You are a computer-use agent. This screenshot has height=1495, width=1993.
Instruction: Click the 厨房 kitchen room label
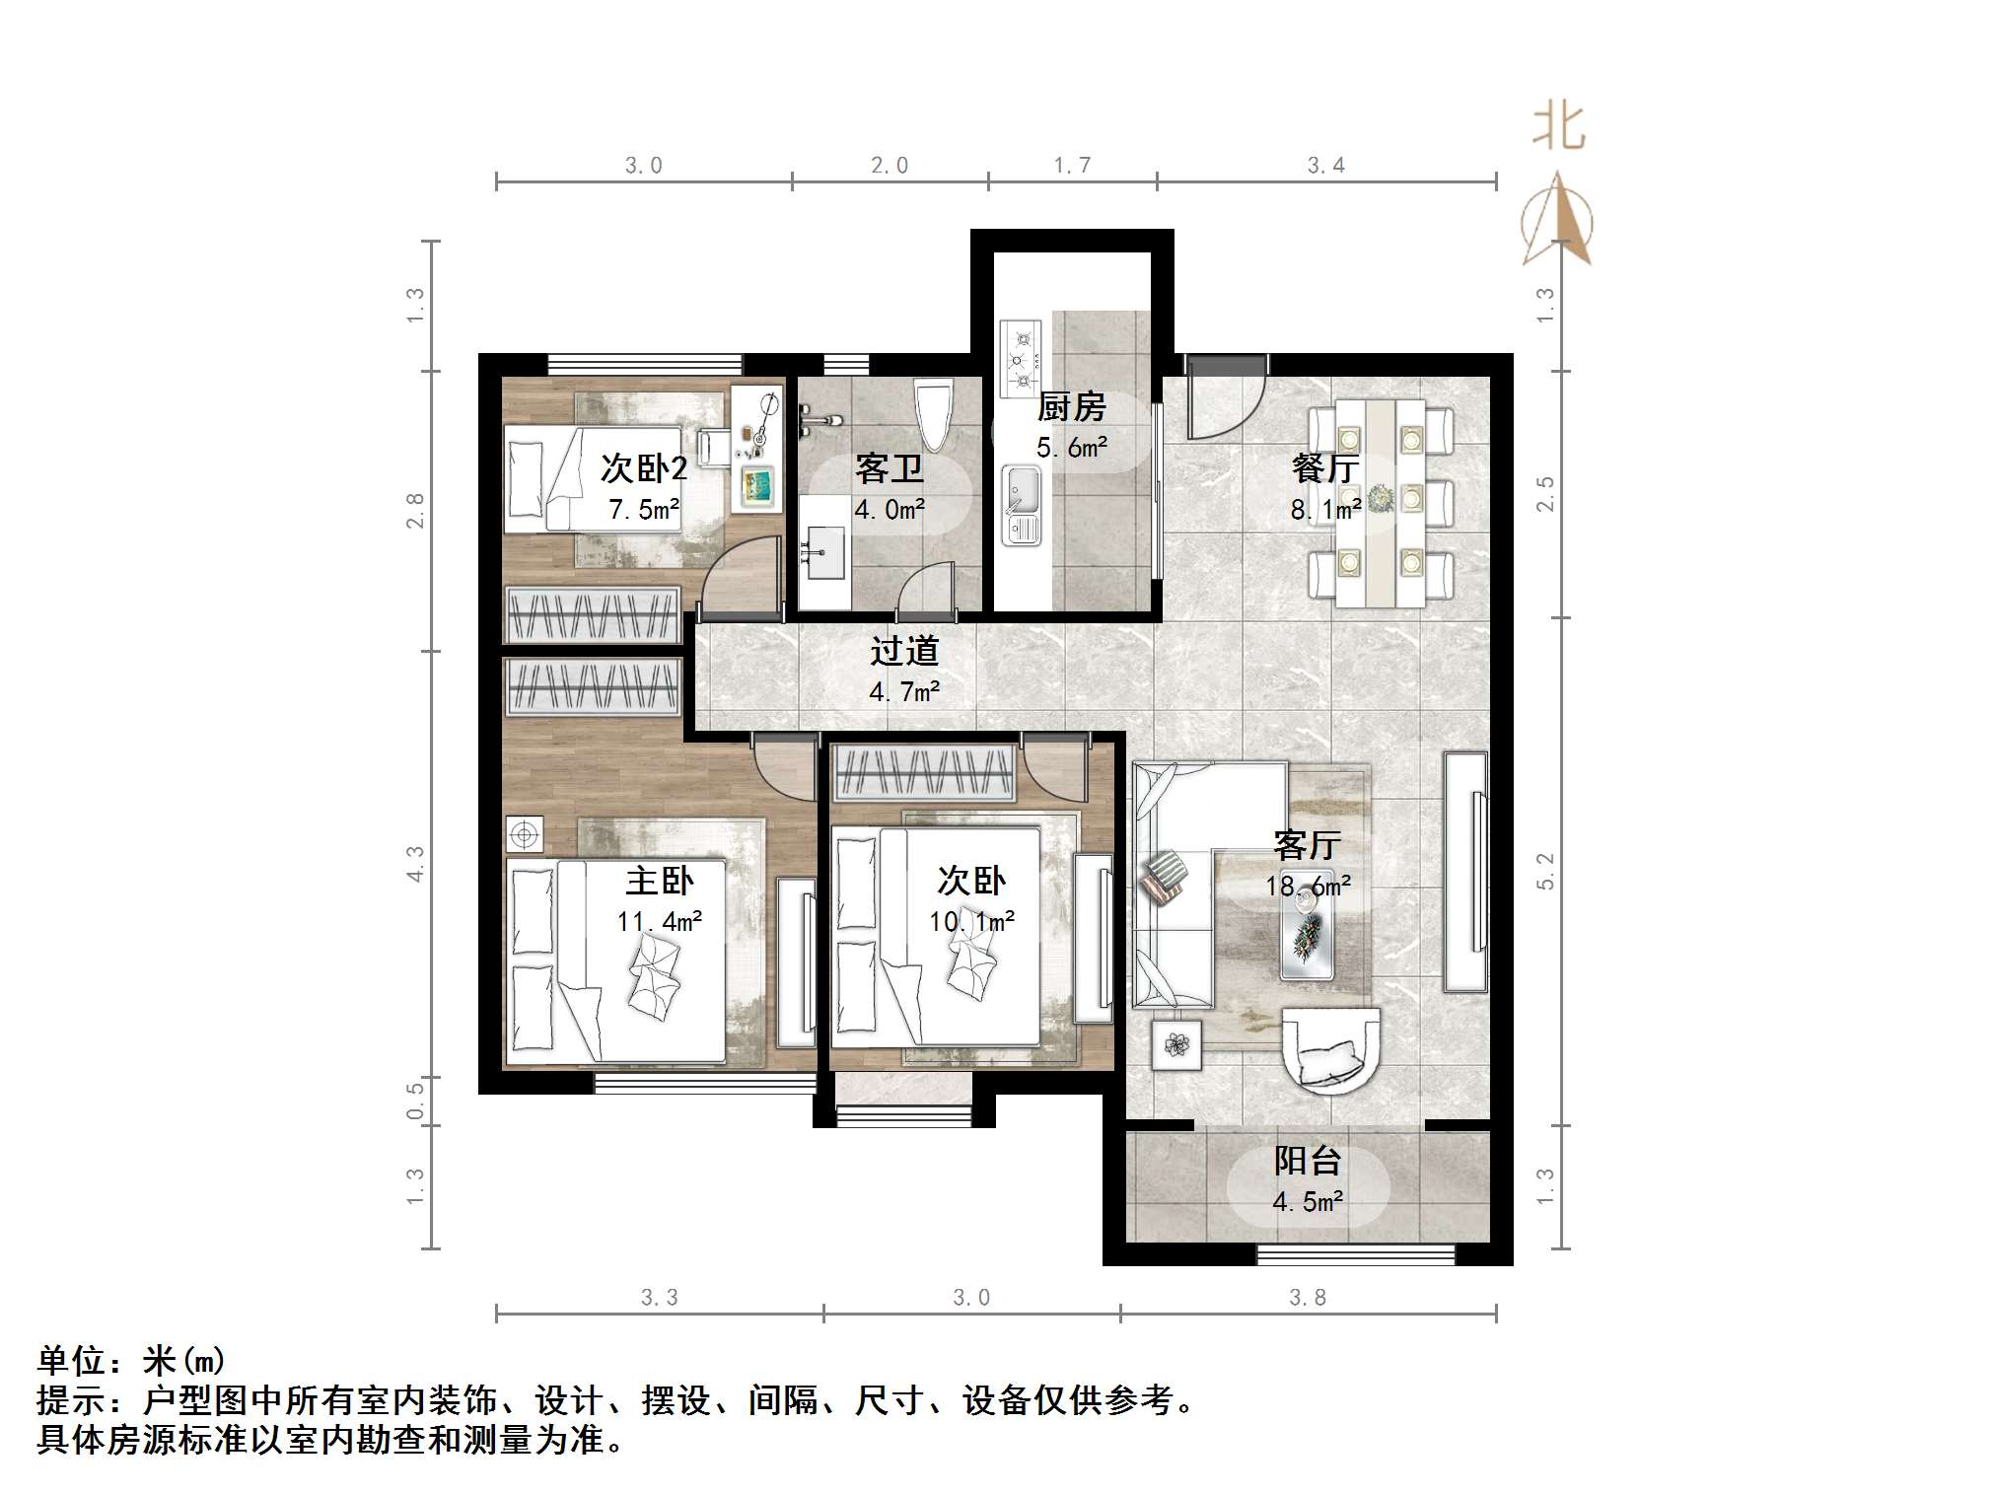point(1071,406)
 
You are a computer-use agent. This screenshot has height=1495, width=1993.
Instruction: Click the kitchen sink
point(1022,506)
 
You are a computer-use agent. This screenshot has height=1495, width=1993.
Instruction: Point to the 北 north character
point(1558,127)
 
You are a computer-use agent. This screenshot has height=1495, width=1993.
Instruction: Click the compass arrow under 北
point(1557,218)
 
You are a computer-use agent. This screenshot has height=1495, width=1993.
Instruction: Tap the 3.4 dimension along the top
point(1326,165)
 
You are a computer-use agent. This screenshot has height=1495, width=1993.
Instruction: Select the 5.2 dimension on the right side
point(1545,871)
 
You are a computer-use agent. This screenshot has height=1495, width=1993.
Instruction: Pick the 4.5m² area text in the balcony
point(1308,1201)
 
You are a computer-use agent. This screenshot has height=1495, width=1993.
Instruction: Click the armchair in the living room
point(1330,1049)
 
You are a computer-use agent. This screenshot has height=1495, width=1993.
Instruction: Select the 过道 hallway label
point(904,651)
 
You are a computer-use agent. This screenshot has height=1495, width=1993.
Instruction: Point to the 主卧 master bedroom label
point(660,880)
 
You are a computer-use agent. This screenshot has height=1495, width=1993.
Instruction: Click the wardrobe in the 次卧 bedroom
point(924,772)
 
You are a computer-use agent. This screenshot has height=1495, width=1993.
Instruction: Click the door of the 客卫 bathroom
point(927,590)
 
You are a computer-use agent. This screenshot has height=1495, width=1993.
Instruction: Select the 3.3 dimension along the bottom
point(659,1297)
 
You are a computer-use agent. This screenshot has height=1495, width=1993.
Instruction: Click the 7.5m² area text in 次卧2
point(644,509)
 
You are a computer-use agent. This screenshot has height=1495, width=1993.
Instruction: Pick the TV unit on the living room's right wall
point(1465,872)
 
